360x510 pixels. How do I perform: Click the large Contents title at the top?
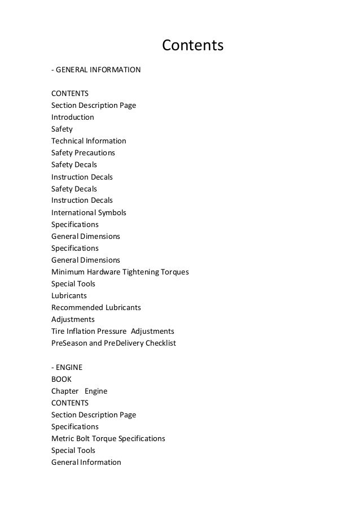tap(193, 44)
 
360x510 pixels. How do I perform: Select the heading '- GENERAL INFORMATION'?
tap(96, 70)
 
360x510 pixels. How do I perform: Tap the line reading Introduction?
tap(73, 117)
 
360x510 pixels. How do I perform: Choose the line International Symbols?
tap(89, 213)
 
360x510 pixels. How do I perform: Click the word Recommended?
tap(77, 308)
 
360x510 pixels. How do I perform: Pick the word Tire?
tap(58, 332)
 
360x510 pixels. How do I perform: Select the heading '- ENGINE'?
tap(67, 367)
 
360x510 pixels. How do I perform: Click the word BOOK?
tap(62, 380)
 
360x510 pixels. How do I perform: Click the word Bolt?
tap(84, 438)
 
